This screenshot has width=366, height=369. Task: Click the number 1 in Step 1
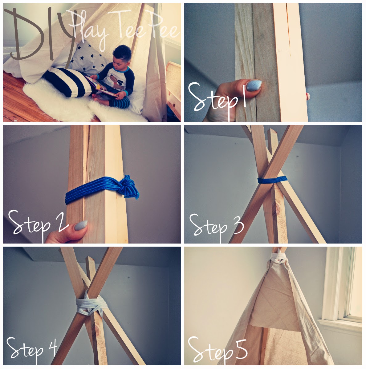click(244, 96)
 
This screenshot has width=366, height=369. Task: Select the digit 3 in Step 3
click(238, 224)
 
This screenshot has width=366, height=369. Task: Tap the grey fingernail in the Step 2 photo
click(81, 225)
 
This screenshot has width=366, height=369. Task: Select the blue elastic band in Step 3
click(272, 180)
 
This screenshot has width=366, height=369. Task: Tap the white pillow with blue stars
click(89, 57)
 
